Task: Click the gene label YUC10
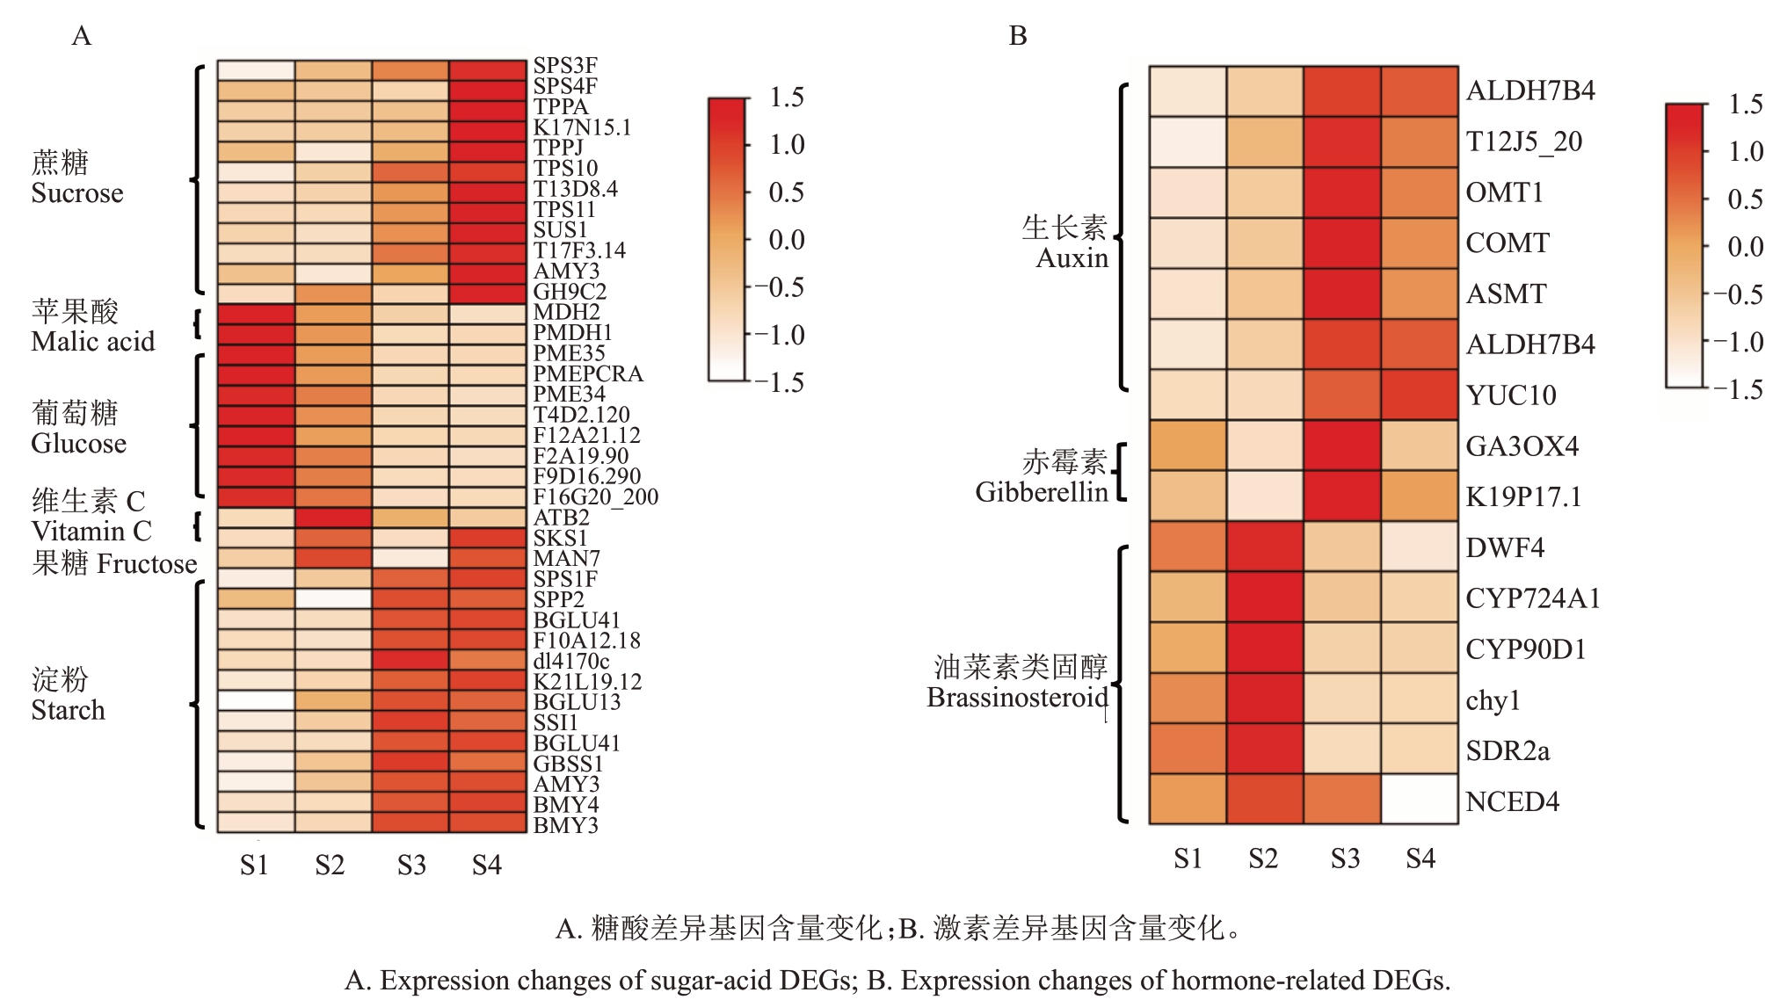pyautogui.click(x=1510, y=395)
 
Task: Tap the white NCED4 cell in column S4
pyautogui.click(x=1420, y=799)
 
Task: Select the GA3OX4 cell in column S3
pyautogui.click(x=1342, y=446)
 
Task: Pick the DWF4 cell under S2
pyautogui.click(x=1265, y=547)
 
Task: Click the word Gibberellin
pyautogui.click(x=1041, y=492)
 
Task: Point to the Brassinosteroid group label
pyautogui.click(x=1017, y=698)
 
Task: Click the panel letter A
pyautogui.click(x=81, y=36)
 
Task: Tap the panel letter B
pyautogui.click(x=1018, y=36)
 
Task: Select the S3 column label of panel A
pyautogui.click(x=410, y=866)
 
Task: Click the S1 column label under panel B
pyautogui.click(x=1188, y=858)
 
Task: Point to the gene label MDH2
pyautogui.click(x=566, y=312)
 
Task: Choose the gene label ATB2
pyautogui.click(x=561, y=518)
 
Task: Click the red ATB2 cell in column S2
pyautogui.click(x=333, y=518)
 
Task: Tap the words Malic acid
pyautogui.click(x=92, y=341)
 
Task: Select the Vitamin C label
pyautogui.click(x=91, y=532)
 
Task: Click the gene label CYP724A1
pyautogui.click(x=1532, y=598)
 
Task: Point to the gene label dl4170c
pyautogui.click(x=570, y=661)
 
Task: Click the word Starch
pyautogui.click(x=68, y=710)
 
